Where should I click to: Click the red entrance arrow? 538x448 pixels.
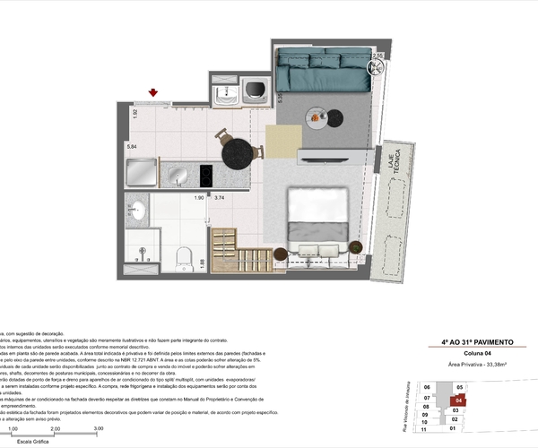pyautogui.click(x=153, y=92)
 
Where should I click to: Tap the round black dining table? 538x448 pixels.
pyautogui.click(x=238, y=153)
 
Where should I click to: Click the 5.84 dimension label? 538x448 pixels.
pyautogui.click(x=132, y=145)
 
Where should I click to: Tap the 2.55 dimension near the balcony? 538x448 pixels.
pyautogui.click(x=377, y=56)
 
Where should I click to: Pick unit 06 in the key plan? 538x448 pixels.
pyautogui.click(x=428, y=387)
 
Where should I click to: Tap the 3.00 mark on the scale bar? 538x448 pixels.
pyautogui.click(x=98, y=429)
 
